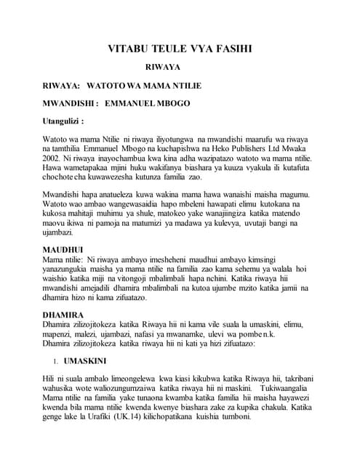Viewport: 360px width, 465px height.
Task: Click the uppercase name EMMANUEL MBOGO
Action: pos(148,103)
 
